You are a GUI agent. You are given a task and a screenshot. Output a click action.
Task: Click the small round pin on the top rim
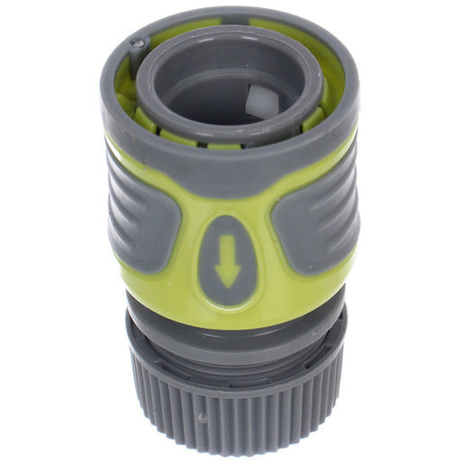(x=137, y=41)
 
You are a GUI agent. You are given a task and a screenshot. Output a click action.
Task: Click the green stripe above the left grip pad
(x=135, y=153)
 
